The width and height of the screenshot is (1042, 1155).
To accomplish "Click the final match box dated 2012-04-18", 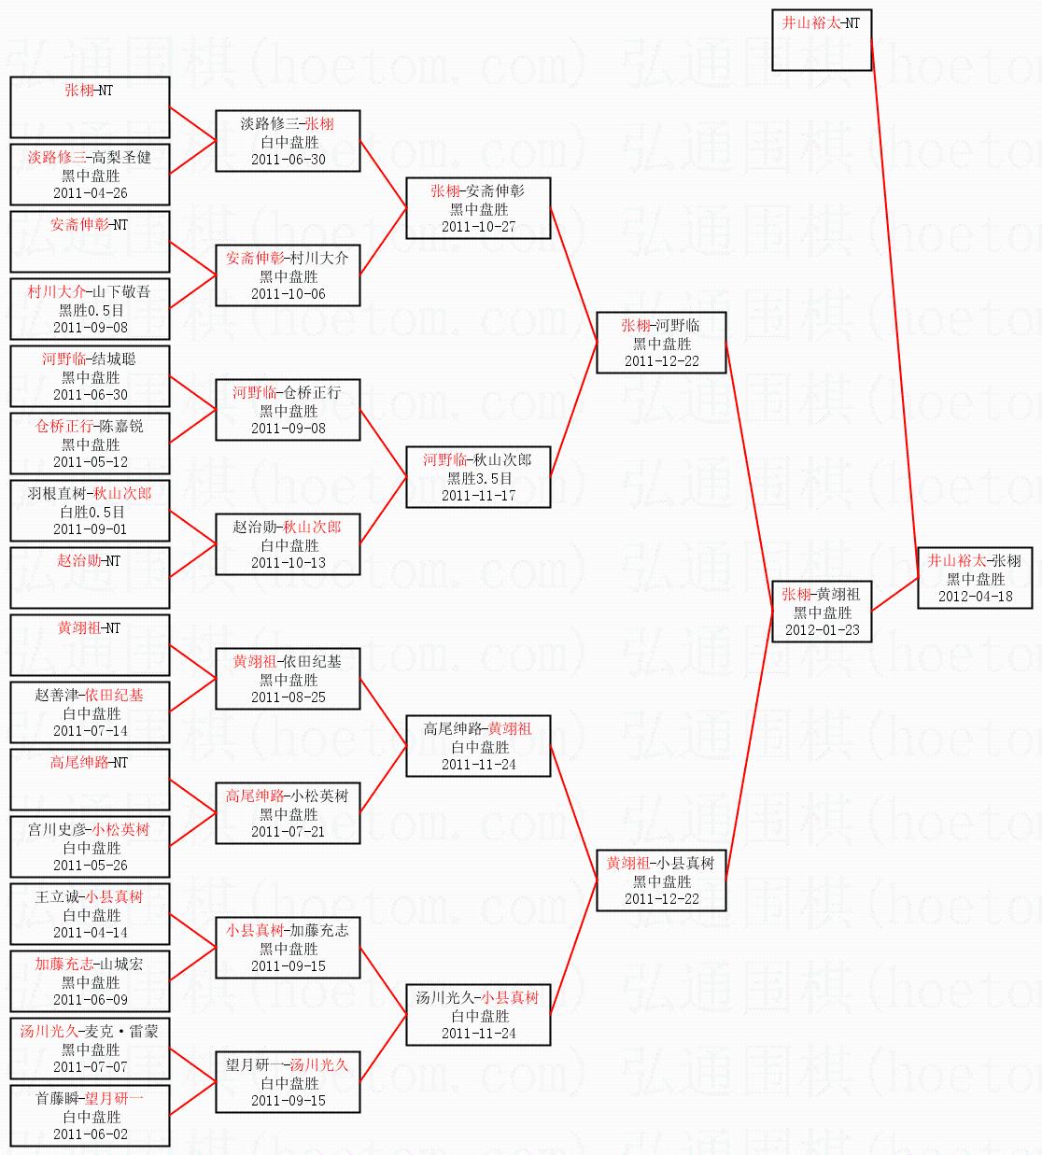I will tap(975, 578).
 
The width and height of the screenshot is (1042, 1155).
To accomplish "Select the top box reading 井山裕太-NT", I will tap(822, 40).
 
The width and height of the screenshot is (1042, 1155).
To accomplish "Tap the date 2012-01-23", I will tap(822, 630).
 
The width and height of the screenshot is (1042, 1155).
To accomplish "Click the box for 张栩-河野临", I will tap(661, 343).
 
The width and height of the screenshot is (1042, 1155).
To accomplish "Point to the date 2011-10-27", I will tap(478, 227).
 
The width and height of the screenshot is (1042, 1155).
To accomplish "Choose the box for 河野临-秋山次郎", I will tap(478, 477).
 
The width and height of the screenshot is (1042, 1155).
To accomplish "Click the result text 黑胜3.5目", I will tap(478, 478).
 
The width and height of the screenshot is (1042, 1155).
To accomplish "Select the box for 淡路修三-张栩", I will tap(288, 141).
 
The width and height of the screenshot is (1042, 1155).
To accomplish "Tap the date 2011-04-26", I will tap(91, 193).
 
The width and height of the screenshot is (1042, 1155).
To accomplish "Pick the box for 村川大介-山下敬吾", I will tap(90, 309).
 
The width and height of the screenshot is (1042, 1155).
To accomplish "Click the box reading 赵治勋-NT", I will tap(90, 577).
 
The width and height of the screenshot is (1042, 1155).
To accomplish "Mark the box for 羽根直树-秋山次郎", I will tap(90, 511).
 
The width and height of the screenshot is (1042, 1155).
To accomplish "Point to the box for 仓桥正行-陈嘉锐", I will tap(90, 444).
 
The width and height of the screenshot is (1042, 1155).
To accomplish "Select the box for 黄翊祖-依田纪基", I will tap(288, 679).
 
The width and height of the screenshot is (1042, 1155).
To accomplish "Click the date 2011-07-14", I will tap(91, 731).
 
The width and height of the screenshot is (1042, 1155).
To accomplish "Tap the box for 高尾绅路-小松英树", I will tap(288, 813).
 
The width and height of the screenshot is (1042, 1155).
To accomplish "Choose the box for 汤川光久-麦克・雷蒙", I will tap(90, 1049).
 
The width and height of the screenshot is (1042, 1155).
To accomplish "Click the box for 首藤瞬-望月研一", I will tap(90, 1116).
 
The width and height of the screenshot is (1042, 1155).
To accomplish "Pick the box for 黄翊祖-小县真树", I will tap(661, 880).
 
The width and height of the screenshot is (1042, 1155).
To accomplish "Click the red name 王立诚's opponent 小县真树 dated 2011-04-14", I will tap(115, 896).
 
